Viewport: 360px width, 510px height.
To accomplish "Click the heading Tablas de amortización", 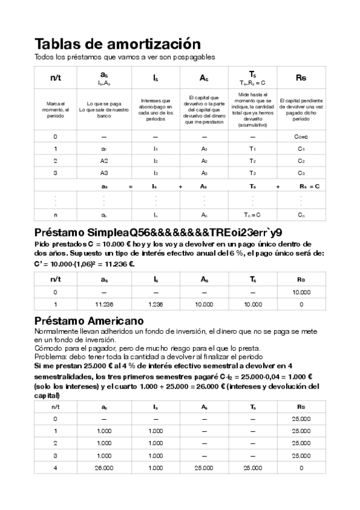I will coord(117,44).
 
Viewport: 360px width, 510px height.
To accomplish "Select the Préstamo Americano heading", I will coord(88,321).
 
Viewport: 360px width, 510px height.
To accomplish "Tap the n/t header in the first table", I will coord(55,78).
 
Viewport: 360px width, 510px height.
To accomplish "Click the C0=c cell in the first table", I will coord(301,137).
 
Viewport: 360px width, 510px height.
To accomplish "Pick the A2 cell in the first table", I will coord(104,161).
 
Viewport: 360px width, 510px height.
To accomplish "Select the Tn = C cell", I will coord(252,215).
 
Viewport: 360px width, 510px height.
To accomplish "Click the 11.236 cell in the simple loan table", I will coord(104,304).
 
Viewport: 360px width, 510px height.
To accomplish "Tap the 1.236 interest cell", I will coord(155,304).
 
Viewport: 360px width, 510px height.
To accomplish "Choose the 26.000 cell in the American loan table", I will coord(104,467).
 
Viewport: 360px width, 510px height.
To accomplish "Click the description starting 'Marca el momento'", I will coord(55,108).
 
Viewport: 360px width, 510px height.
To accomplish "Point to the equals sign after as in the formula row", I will coord(130,186).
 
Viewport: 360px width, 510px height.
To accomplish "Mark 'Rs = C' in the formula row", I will coord(309,186).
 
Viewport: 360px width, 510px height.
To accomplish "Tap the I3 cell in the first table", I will coord(155,173).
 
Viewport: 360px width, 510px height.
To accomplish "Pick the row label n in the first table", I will coord(55,215).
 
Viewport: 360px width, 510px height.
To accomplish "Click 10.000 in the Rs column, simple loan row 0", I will coord(301,292).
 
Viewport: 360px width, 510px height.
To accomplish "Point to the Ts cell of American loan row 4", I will coord(252,467).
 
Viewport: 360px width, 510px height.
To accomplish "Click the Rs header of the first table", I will coord(301,78).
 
